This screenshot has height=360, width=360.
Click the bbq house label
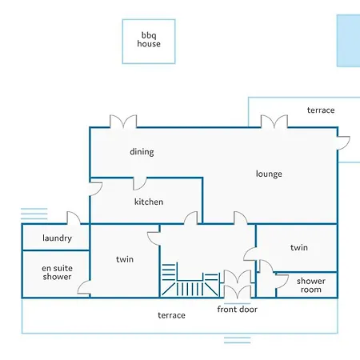click(x=149, y=39)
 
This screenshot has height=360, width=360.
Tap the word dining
click(x=142, y=152)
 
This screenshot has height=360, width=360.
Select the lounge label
click(x=269, y=174)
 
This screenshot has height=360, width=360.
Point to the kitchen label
click(x=149, y=202)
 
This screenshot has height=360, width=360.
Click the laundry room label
click(x=57, y=238)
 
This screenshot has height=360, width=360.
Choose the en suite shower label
click(x=57, y=272)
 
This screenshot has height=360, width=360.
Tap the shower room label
click(x=311, y=285)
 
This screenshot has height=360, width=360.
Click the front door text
click(x=238, y=309)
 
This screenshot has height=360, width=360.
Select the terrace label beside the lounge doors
click(x=321, y=110)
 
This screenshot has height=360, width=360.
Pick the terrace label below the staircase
click(x=171, y=315)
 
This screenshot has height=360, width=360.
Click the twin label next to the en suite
click(x=125, y=259)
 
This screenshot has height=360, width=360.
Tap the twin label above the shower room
click(x=299, y=247)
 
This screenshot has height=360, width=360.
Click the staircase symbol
click(x=190, y=280)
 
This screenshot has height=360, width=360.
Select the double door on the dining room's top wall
click(x=123, y=122)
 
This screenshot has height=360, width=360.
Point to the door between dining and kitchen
click(x=140, y=183)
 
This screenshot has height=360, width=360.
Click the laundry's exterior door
click(x=74, y=218)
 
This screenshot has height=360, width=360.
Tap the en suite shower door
click(x=84, y=288)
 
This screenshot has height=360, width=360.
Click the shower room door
click(x=282, y=281)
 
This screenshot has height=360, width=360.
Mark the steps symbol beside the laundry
click(x=34, y=214)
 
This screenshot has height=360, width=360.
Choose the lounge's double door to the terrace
click(x=274, y=122)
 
